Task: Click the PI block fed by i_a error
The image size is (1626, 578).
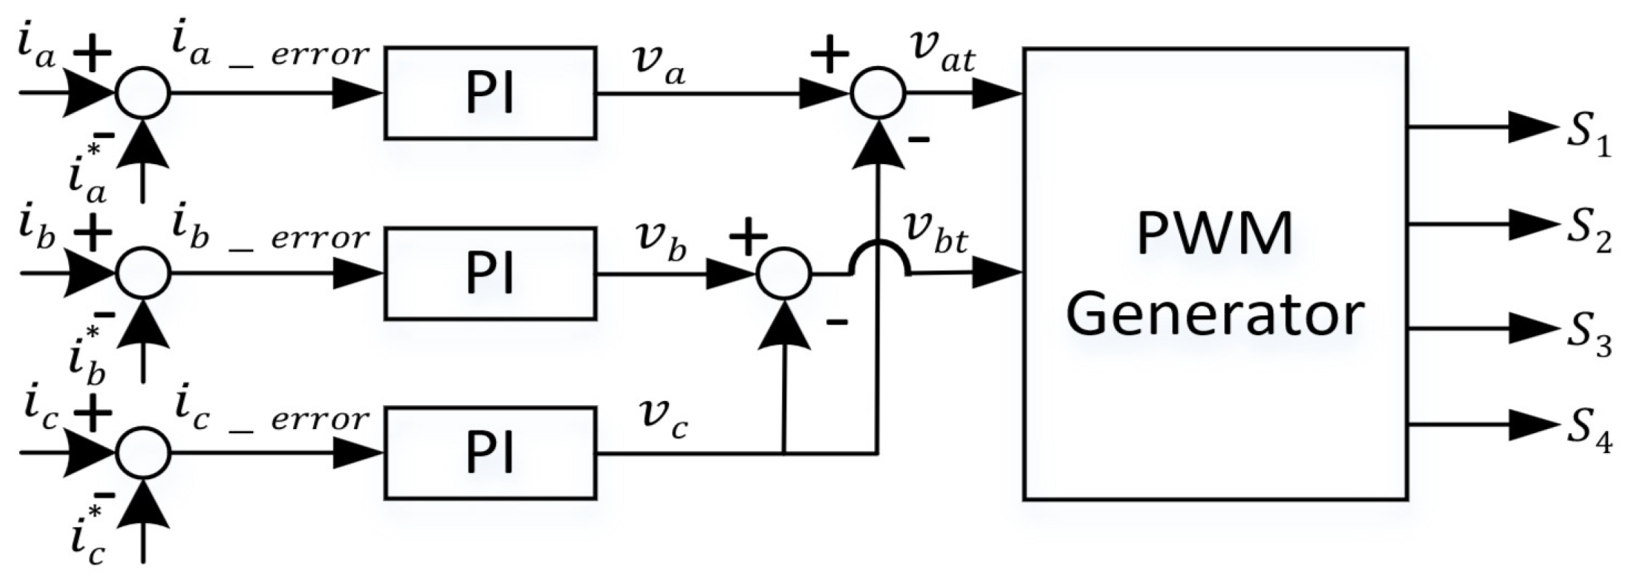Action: [490, 93]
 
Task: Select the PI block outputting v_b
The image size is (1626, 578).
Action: [490, 273]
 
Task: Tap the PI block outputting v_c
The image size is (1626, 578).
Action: [490, 453]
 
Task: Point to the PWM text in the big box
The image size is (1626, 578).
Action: [1214, 233]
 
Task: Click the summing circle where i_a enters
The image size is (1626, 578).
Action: [143, 93]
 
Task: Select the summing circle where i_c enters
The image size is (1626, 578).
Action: [143, 453]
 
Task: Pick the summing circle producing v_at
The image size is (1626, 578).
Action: [877, 93]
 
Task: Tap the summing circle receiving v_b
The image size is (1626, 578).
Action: [784, 273]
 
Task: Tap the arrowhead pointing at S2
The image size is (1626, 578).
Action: [1533, 224]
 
